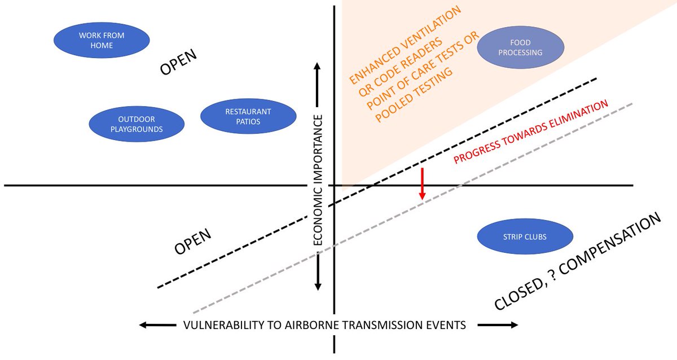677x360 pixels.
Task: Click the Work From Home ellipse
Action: pos(102,40)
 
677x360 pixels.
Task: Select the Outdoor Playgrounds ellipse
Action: pos(137,124)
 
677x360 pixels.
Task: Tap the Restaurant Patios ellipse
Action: pos(248,116)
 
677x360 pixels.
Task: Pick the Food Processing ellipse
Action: pos(520,47)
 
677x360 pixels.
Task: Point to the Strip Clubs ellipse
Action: pos(525,237)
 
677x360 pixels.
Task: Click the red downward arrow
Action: pos(422,183)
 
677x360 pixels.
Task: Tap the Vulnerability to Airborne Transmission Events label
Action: pos(324,325)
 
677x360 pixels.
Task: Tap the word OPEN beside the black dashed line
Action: pos(192,242)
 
